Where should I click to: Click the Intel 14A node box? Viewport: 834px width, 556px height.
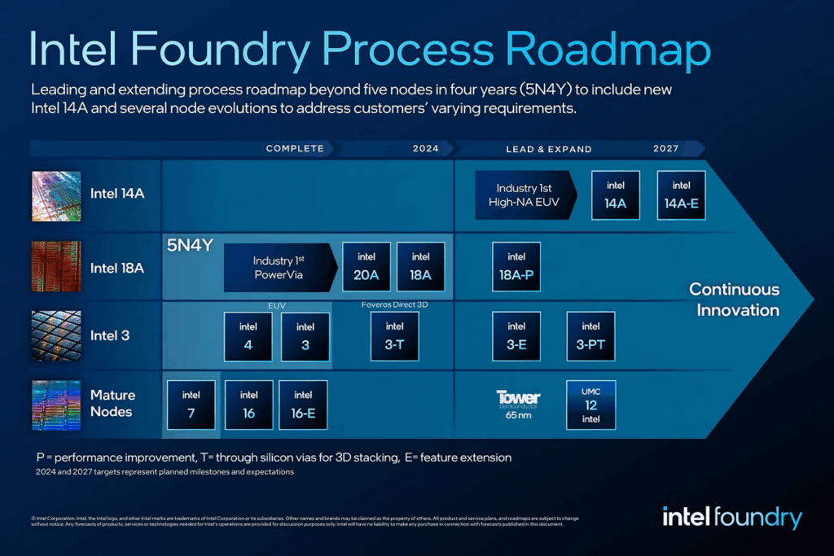point(615,195)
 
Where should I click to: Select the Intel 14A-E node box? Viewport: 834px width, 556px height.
point(681,195)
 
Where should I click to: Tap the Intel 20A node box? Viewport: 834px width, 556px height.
point(367,267)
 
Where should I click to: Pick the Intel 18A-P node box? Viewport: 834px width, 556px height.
point(516,267)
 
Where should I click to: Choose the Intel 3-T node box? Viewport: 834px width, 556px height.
point(394,336)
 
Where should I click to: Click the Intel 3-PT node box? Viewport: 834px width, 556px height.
point(590,336)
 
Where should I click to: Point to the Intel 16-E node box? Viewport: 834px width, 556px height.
point(303,405)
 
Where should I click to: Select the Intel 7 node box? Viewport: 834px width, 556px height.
point(191,405)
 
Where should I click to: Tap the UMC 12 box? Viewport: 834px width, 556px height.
point(590,405)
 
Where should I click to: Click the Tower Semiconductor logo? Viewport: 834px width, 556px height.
point(518,399)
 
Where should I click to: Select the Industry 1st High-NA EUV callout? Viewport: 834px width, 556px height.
point(525,195)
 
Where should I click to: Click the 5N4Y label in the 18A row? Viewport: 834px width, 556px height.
point(190,245)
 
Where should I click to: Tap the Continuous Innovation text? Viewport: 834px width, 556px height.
point(734,300)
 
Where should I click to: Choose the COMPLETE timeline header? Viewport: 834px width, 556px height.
point(295,149)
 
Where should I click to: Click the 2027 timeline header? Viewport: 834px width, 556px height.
point(665,149)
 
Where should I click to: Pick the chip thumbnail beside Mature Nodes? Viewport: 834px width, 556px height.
point(56,405)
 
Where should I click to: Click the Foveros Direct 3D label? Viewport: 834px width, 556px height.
point(394,304)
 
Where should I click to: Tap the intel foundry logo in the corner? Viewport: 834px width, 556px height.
point(731,517)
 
